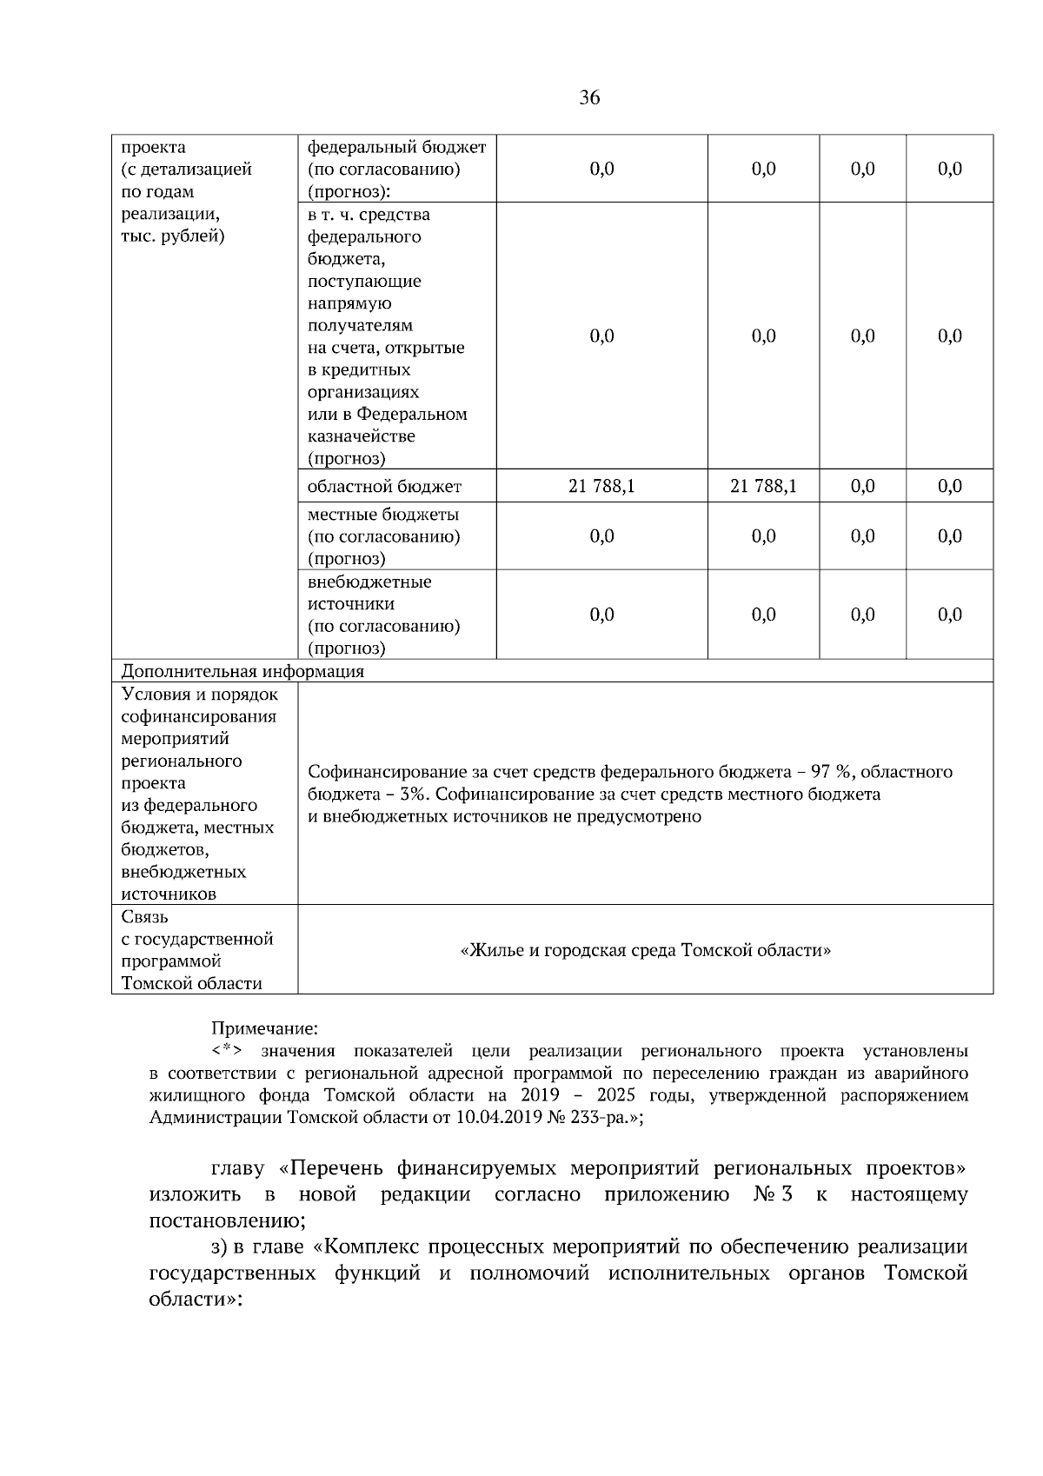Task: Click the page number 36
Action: [x=589, y=97]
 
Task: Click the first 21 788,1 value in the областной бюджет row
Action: [x=601, y=486]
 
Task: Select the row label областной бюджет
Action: [x=384, y=487]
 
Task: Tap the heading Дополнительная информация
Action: [x=242, y=671]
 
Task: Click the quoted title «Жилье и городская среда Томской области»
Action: [x=645, y=950]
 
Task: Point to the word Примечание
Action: [x=265, y=1029]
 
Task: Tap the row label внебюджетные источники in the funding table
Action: [x=369, y=593]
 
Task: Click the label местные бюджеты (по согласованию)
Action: [x=383, y=525]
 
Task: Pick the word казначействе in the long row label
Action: [x=361, y=436]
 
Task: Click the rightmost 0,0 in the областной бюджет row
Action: [x=950, y=486]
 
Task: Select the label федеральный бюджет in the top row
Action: [x=396, y=147]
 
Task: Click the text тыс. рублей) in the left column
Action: [x=172, y=236]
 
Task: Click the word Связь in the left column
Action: [x=145, y=917]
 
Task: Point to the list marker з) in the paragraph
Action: [x=222, y=1247]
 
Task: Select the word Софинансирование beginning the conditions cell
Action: [x=378, y=772]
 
